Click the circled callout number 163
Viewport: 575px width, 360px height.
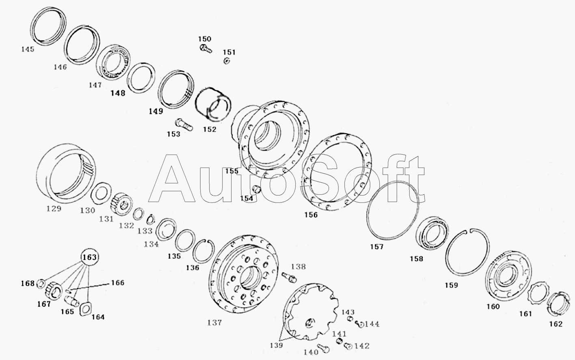89,257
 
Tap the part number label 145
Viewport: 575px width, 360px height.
28,49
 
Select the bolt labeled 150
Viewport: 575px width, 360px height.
205,48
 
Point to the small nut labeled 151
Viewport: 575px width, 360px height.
227,61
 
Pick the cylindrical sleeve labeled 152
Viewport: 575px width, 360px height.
213,104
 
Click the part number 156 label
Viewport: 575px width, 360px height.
311,215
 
